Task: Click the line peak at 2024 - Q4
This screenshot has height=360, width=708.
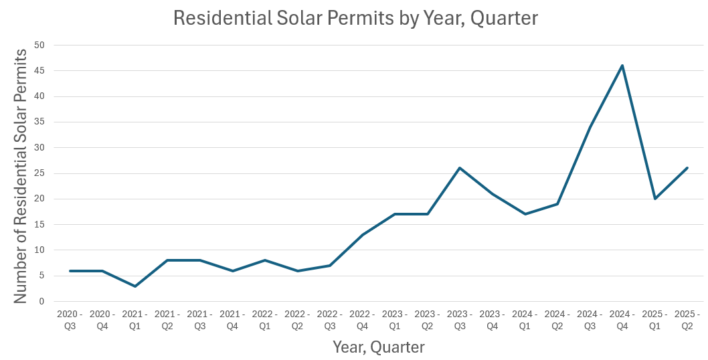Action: click(622, 66)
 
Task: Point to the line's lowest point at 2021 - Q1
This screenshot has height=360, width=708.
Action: click(135, 286)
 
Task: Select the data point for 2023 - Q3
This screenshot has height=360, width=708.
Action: click(460, 168)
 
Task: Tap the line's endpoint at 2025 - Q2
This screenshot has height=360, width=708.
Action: click(687, 168)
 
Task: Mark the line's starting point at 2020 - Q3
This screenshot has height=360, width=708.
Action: click(70, 271)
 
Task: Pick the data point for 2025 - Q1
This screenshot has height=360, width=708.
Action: click(655, 199)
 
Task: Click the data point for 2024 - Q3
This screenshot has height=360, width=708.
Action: click(590, 127)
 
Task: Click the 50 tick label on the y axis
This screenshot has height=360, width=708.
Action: click(39, 45)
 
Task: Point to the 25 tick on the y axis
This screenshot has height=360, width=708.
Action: click(39, 173)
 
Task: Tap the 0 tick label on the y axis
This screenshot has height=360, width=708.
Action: click(41, 302)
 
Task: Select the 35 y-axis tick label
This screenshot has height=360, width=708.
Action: click(39, 122)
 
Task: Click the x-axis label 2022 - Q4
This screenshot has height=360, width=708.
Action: click(362, 320)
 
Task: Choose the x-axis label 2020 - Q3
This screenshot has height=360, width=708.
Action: click(70, 320)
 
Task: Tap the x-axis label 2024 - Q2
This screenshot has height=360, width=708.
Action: click(557, 320)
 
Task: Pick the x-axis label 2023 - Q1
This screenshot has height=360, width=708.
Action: click(395, 320)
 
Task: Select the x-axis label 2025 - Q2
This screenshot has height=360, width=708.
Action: click(687, 320)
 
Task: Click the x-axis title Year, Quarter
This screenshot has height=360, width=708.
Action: click(379, 347)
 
